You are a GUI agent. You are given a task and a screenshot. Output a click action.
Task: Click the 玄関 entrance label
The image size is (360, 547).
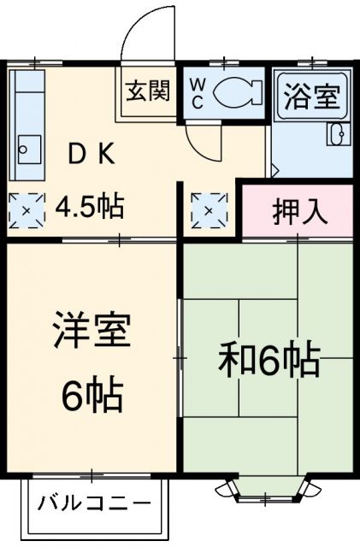point(148,90)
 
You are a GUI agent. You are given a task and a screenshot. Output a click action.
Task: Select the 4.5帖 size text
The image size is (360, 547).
point(89,206)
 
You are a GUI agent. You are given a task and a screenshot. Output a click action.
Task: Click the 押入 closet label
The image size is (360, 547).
point(299,211)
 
